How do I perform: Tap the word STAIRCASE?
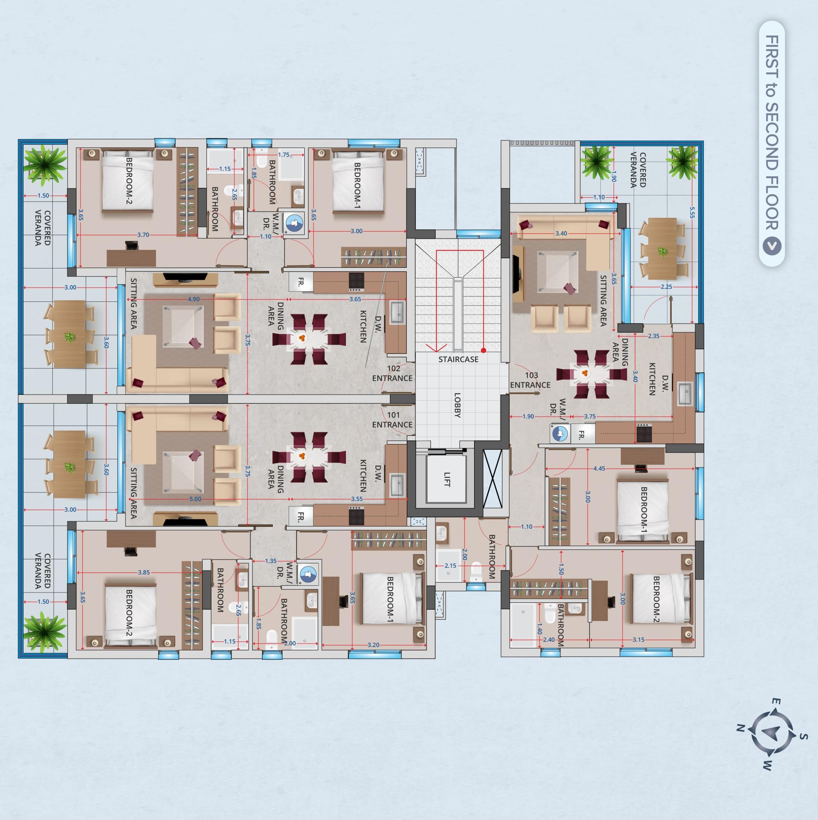[x=458, y=359]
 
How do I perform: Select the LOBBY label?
[x=457, y=405]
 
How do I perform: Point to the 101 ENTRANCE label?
[x=392, y=420]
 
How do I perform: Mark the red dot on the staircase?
[x=484, y=350]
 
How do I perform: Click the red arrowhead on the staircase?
[x=436, y=347]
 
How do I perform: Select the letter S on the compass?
[x=803, y=736]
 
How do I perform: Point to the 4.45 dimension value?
[x=599, y=469]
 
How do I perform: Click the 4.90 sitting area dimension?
[x=193, y=299]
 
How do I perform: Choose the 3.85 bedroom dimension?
[x=144, y=572]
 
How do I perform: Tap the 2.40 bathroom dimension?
[x=548, y=640]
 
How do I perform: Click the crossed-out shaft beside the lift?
[x=492, y=478]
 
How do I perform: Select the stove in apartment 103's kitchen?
[x=644, y=433]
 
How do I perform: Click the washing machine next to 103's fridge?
[x=559, y=434]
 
